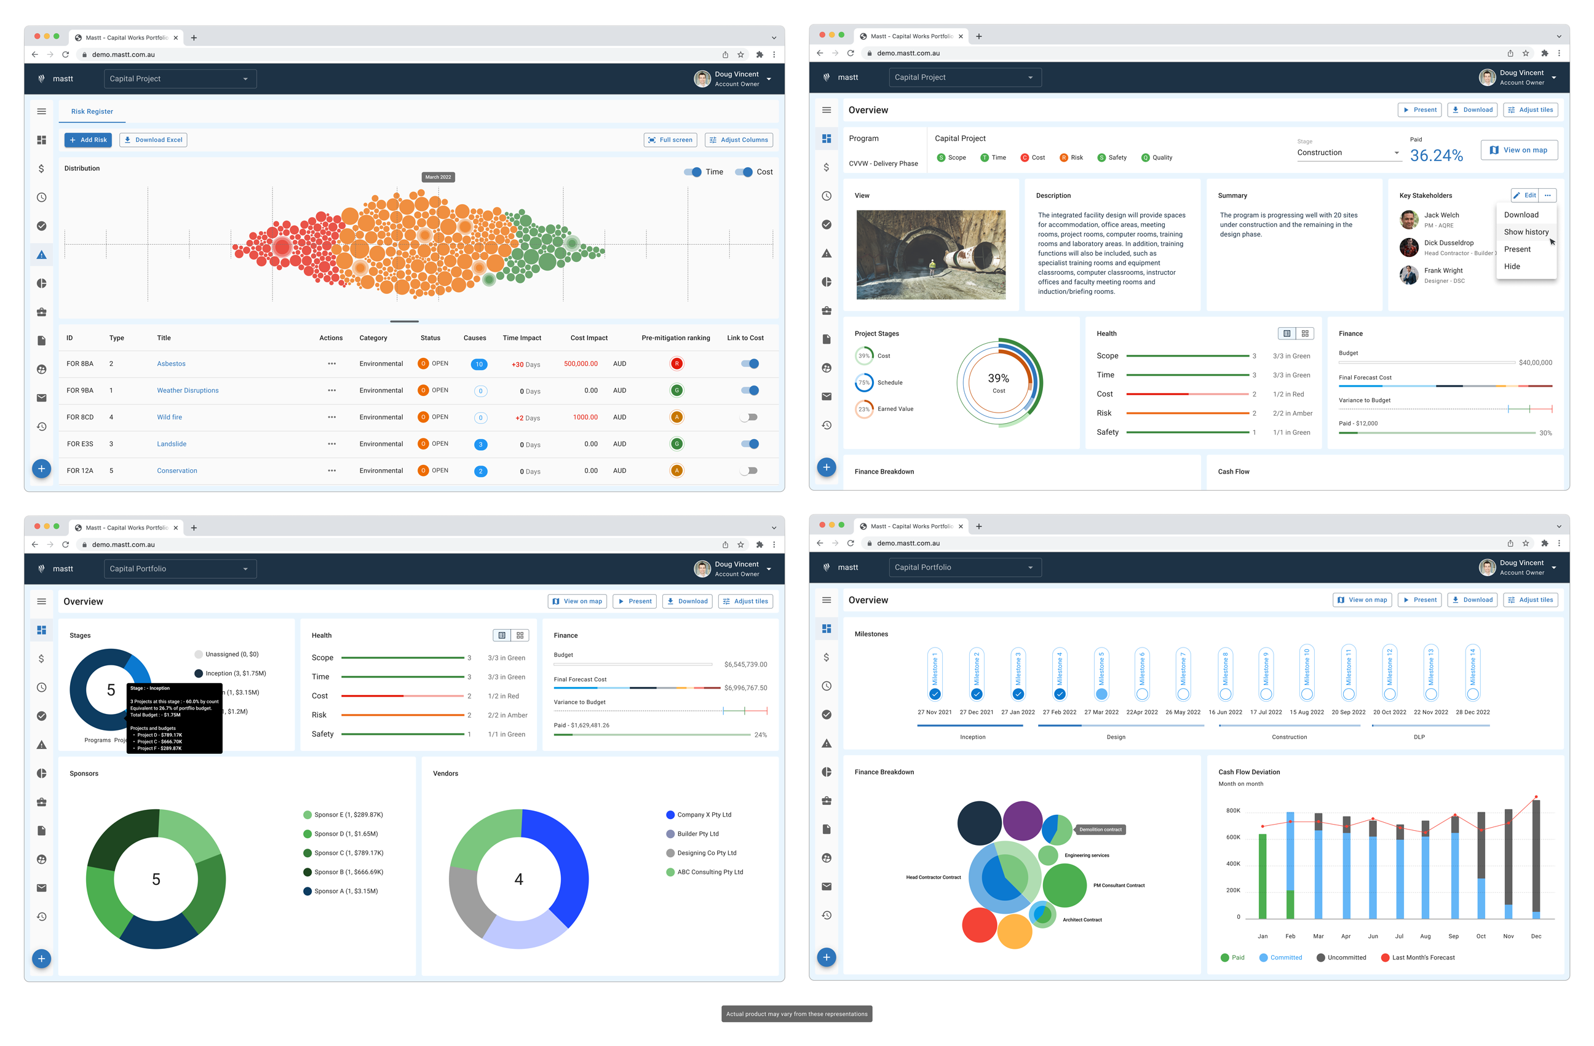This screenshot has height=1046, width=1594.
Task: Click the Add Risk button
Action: (x=88, y=140)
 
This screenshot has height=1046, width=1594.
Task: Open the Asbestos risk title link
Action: (x=171, y=363)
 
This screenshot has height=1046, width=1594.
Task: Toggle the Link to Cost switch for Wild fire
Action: (x=749, y=417)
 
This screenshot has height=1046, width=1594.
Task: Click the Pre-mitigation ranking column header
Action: (x=675, y=338)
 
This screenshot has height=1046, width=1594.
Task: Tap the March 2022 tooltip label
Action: (x=438, y=176)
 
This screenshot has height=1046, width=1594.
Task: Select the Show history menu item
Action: (x=1525, y=232)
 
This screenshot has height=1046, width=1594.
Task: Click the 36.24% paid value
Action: (x=1435, y=156)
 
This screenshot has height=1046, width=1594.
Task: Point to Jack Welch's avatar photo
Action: (x=1408, y=220)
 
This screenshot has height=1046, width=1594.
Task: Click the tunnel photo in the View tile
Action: (x=930, y=255)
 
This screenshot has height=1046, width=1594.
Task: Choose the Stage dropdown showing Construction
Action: (x=1347, y=153)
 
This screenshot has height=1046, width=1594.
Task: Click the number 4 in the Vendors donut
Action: (x=518, y=879)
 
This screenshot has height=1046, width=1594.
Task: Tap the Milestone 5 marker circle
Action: (x=1101, y=694)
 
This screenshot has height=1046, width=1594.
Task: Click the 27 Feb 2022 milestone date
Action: (x=1059, y=713)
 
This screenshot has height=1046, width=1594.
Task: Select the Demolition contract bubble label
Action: (x=1100, y=830)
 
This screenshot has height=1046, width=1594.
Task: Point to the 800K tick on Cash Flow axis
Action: (x=1232, y=811)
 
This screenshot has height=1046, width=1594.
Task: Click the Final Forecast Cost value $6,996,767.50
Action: (x=745, y=687)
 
